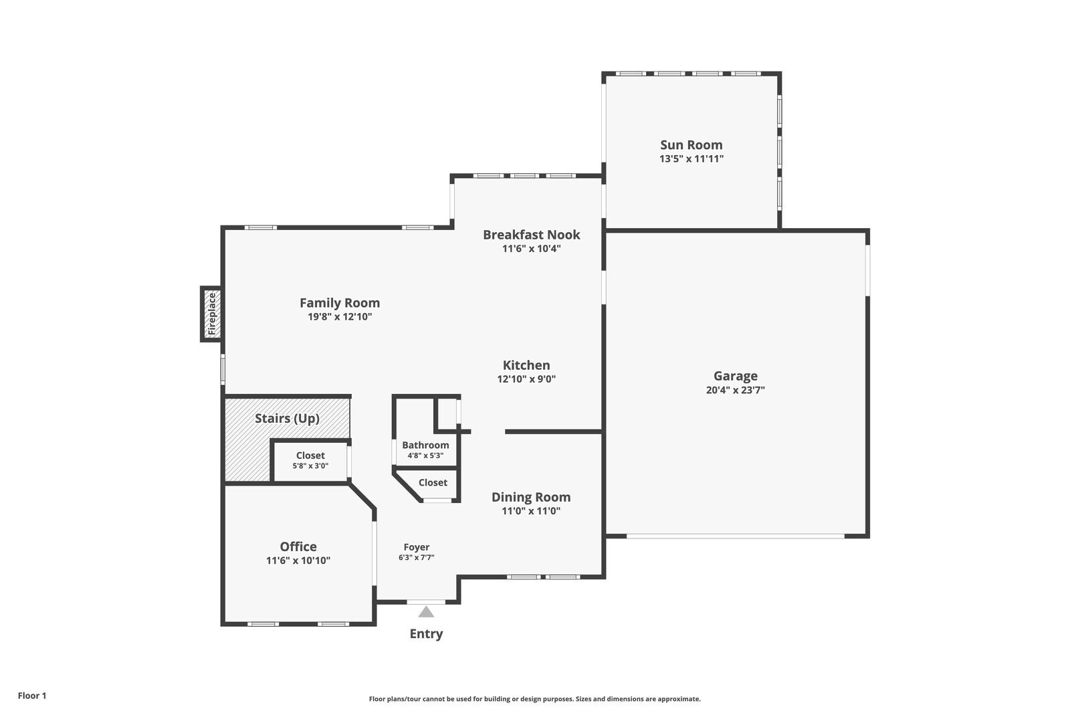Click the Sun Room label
(691, 144)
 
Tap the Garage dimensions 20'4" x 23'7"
(735, 390)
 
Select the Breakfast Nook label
(531, 234)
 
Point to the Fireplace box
(212, 314)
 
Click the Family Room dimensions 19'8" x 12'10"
(339, 317)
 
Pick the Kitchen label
(526, 365)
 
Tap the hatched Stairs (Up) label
(287, 418)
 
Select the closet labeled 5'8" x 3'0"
(310, 460)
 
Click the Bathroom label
(425, 445)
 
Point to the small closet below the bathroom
(433, 482)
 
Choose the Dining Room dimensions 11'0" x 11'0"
(531, 511)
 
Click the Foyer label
(416, 546)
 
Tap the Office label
(298, 546)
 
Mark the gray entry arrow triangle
(426, 612)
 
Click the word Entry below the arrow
(426, 633)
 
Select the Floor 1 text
(32, 696)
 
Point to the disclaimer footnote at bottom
(534, 699)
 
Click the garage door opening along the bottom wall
(736, 536)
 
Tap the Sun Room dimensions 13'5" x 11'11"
(691, 159)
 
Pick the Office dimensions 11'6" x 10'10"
(298, 561)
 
